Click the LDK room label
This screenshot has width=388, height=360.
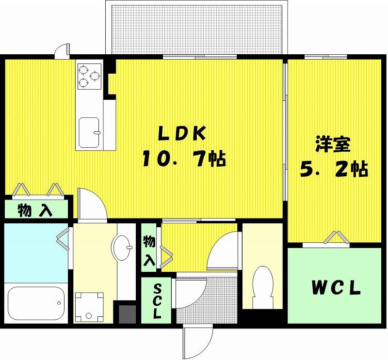(182, 134)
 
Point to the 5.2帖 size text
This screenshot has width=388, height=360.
(334, 169)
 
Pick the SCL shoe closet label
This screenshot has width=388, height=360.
(157, 301)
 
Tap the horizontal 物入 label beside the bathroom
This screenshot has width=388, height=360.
(34, 210)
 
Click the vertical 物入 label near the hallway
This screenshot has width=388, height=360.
(149, 250)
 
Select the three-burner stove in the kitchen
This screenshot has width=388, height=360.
(90, 77)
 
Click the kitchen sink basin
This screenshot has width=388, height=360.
(89, 133)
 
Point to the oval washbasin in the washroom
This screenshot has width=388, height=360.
(122, 248)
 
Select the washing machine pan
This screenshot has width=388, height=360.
(89, 307)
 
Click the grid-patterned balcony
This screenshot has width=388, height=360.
(197, 29)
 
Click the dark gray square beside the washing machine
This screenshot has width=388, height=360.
(127, 314)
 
